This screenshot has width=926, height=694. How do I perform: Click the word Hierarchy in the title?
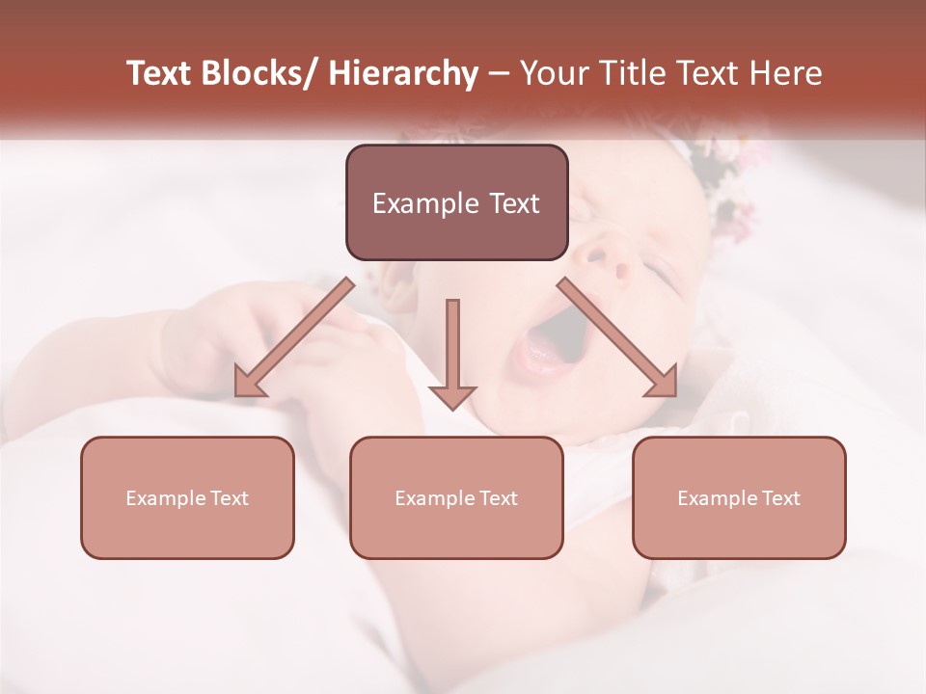coord(403,74)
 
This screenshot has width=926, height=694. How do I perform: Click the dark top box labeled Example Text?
coord(456,203)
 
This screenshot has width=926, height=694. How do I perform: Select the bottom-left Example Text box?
coord(187,497)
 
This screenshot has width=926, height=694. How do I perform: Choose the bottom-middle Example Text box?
coord(456,497)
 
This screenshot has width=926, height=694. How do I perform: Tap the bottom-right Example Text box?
coord(739,497)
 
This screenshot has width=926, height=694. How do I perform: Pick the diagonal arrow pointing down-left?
coord(293,338)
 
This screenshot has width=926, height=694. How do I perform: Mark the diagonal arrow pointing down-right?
coord(618,337)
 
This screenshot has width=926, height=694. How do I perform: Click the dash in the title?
coord(499,74)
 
